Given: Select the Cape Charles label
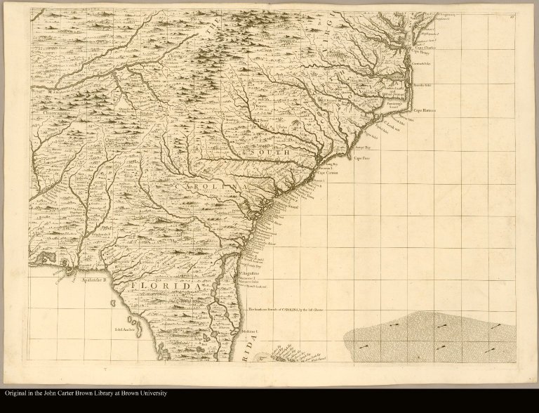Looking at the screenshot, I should click(x=425, y=48).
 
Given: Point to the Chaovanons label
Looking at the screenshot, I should click(x=54, y=112).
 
